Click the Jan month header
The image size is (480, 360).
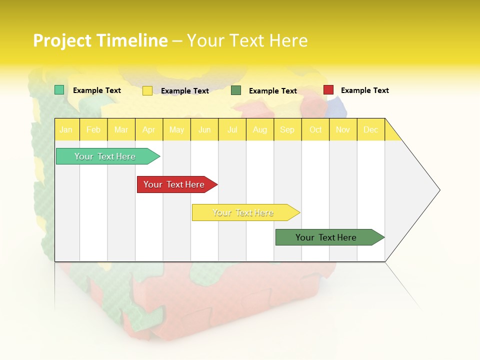click(x=66, y=129)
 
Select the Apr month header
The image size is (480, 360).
click(x=149, y=129)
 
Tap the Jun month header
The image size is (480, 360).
click(x=204, y=129)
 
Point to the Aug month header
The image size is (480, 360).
click(x=260, y=129)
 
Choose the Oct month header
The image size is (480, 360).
click(x=315, y=129)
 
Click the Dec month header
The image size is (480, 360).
click(x=371, y=129)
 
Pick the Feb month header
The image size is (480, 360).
click(x=93, y=129)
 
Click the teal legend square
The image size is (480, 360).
click(x=59, y=90)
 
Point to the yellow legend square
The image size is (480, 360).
click(x=147, y=90)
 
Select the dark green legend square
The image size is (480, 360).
click(x=236, y=90)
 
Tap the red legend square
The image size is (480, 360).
click(x=328, y=90)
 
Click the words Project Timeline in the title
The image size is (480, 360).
click(x=100, y=40)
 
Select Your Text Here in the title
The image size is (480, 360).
click(x=247, y=40)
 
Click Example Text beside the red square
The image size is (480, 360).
click(x=364, y=90)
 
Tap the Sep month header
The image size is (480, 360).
click(x=287, y=129)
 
